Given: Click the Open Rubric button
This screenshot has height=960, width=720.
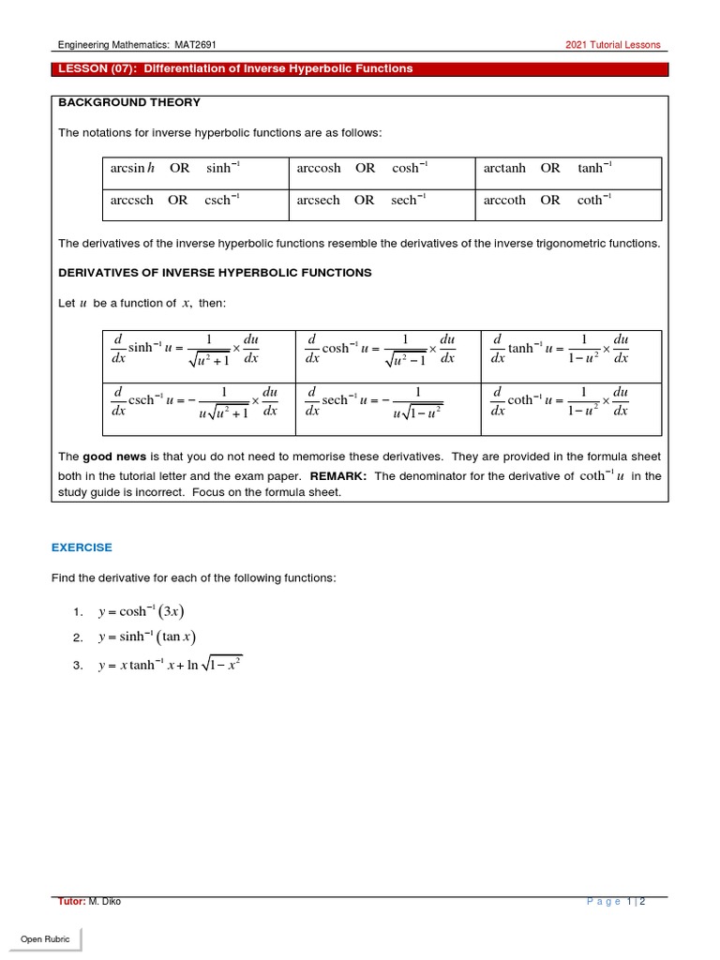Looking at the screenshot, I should [x=46, y=939].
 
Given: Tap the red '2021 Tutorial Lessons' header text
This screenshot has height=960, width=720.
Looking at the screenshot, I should [x=612, y=44].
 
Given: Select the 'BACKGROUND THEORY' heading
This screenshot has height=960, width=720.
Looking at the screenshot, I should [x=129, y=102].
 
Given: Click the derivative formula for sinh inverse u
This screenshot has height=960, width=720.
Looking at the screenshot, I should [x=194, y=349].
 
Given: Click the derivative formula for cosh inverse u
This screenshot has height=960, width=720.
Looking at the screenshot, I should [x=382, y=349].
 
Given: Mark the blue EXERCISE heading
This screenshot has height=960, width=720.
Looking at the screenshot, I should [x=82, y=547].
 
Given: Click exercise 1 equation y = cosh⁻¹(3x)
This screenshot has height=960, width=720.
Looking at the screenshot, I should [x=141, y=612].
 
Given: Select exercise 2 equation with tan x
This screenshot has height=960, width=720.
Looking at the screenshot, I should [x=147, y=637].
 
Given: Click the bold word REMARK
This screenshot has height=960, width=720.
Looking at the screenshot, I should [x=337, y=475].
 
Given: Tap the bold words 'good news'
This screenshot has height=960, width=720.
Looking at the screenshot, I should [x=114, y=457].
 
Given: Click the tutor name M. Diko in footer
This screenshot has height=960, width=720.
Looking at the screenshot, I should [x=104, y=901].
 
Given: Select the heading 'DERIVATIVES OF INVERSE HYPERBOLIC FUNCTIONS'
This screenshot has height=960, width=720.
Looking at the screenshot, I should [x=215, y=273].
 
